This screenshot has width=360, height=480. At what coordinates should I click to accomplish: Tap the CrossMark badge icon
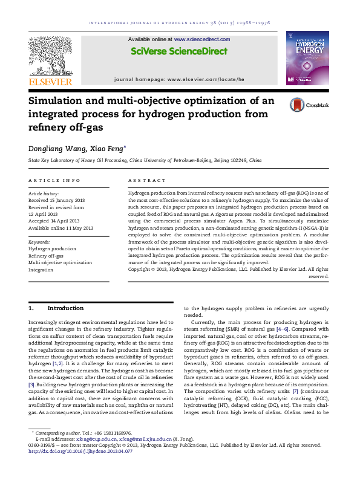[x=297, y=104]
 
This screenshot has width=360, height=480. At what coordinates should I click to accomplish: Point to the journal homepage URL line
[x=179, y=79]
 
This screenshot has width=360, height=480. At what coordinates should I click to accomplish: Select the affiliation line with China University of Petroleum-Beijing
[x=145, y=161]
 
